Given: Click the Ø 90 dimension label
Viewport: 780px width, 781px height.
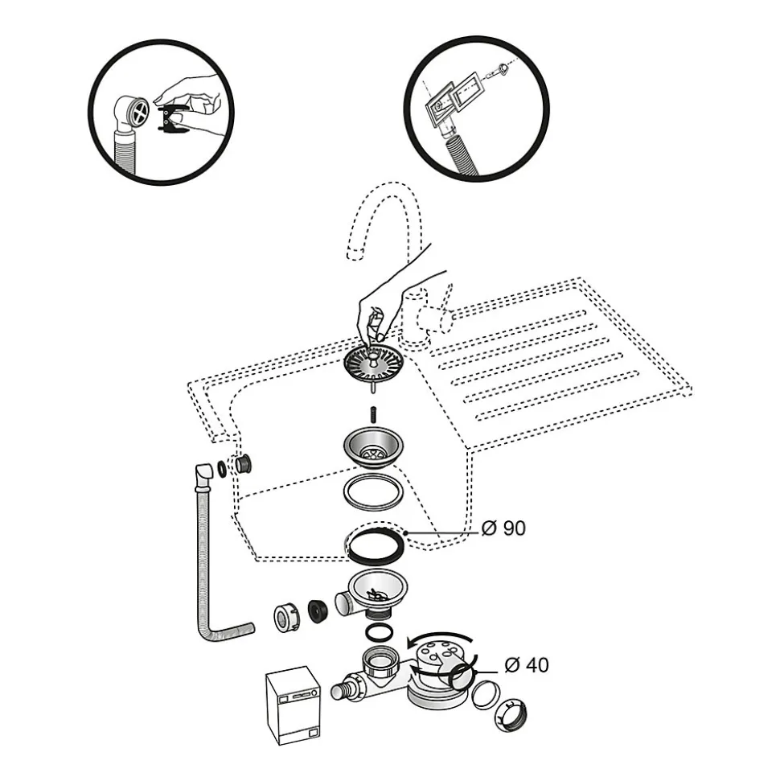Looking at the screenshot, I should [503, 528].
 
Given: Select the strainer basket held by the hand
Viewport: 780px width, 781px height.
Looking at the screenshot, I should [374, 366].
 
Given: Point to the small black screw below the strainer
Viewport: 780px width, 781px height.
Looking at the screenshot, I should [374, 414].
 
